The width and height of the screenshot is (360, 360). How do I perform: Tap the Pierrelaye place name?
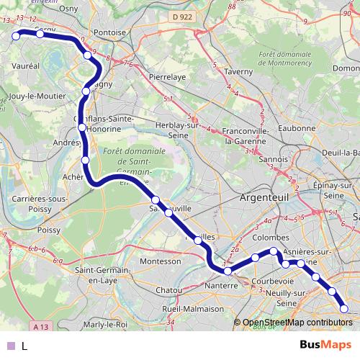168,74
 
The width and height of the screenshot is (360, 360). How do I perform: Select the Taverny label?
238,72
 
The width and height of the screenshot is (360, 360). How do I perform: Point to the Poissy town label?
48,230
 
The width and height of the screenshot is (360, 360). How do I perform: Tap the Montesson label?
161,261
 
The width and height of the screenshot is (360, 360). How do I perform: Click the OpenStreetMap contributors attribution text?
297,323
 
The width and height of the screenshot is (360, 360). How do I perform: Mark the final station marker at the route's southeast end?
344,309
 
